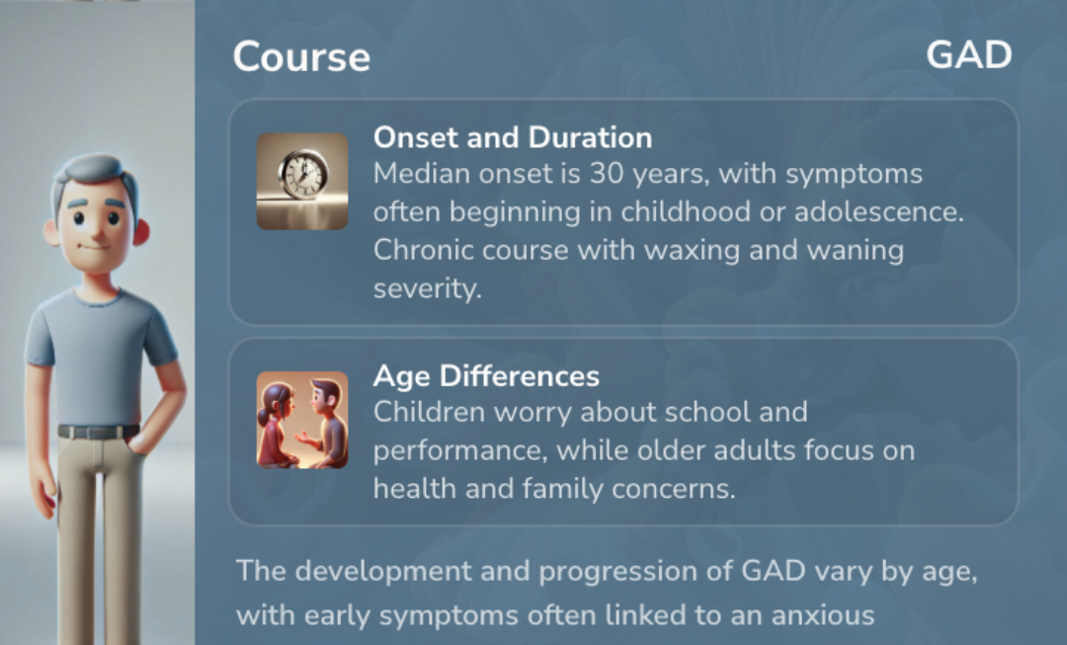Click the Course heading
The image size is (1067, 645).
(x=301, y=56)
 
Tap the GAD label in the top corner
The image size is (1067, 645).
(x=969, y=55)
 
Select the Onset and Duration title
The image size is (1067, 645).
(x=513, y=137)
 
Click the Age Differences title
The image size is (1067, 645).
(x=486, y=376)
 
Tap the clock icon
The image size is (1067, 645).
(x=302, y=181)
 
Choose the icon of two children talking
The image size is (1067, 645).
(x=302, y=420)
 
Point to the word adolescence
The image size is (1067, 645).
(x=879, y=211)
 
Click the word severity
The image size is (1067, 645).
(x=428, y=289)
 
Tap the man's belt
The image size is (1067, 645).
(x=99, y=432)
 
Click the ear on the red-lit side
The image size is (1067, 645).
(x=141, y=231)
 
